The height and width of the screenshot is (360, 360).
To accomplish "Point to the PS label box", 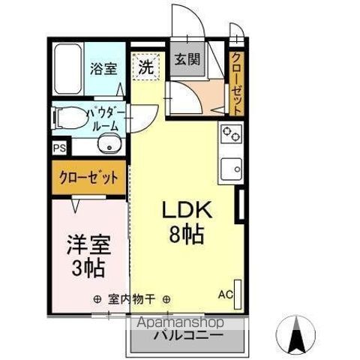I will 58,148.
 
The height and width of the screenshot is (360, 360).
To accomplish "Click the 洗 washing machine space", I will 145,66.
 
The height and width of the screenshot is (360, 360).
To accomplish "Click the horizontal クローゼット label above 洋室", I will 88,178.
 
